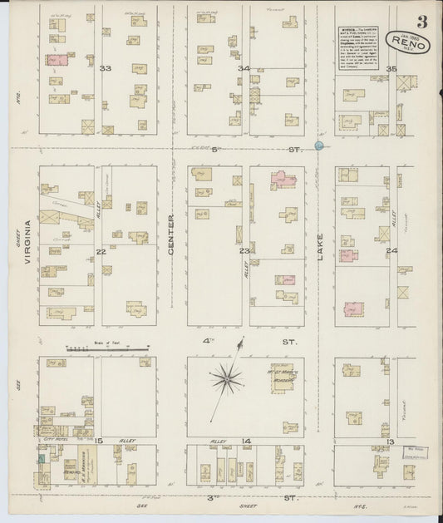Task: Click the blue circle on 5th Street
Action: (319, 146)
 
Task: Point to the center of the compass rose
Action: (225, 380)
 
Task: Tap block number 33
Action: (105, 67)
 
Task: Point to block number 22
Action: (101, 250)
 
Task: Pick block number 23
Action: (244, 250)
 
